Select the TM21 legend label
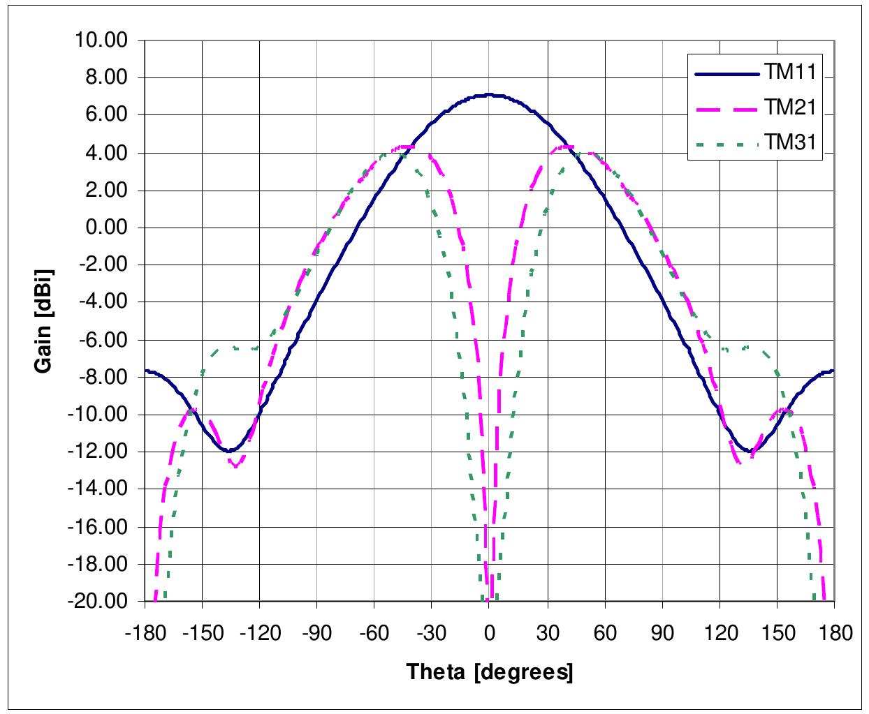pos(792,107)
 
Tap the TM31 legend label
pos(792,143)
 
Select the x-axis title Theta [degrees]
pos(489,672)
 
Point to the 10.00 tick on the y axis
pos(102,40)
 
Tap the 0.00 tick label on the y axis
pos(105,228)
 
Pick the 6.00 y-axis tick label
pos(105,115)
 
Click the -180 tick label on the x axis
pos(144,633)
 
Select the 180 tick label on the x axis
pos(834,633)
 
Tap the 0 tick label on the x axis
pos(489,633)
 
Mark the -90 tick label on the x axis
pos(316,633)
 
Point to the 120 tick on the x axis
pos(720,633)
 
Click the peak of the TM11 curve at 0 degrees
pos(489,95)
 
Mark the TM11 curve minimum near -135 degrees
pos(229,451)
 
